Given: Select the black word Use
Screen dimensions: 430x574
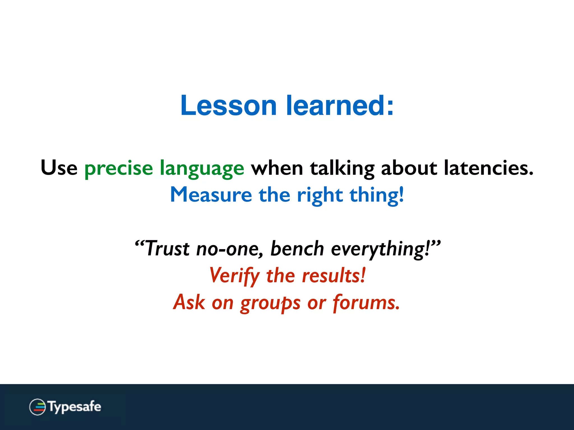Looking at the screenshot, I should [59, 168].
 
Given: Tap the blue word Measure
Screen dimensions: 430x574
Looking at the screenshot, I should [211, 195].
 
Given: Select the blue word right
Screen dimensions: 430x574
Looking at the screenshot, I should [320, 196].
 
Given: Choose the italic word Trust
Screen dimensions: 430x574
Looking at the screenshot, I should [167, 249].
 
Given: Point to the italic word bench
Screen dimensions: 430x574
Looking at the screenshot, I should [297, 249].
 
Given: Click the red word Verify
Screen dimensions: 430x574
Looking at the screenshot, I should [235, 276].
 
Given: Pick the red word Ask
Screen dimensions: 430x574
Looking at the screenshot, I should [189, 302].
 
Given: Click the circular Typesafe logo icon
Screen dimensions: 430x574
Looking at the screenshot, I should [37, 407].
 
